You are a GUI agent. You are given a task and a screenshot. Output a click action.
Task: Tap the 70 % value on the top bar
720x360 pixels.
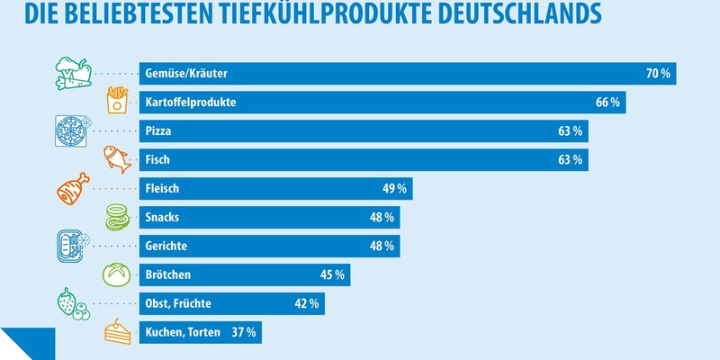point(658,74)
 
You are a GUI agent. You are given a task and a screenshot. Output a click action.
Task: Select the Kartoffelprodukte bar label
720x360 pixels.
point(190,103)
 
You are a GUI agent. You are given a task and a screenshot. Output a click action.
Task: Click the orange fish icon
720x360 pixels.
point(117,159)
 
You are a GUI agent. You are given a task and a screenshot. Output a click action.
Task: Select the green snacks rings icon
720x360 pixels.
point(118,217)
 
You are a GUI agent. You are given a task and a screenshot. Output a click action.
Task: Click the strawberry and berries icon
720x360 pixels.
point(70,303)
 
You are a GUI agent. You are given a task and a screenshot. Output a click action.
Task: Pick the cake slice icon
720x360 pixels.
point(118,332)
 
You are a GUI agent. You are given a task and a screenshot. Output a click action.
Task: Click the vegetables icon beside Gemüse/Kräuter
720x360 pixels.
point(70,74)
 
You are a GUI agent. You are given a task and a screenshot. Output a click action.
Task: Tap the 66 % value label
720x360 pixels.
point(607,103)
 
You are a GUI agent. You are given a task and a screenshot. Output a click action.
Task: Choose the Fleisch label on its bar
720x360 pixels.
point(163,189)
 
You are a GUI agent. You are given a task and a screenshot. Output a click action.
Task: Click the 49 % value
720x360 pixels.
point(395,189)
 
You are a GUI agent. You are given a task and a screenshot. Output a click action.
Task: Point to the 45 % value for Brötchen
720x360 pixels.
point(332,274)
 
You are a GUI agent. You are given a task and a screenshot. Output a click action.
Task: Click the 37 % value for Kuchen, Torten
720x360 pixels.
point(244,332)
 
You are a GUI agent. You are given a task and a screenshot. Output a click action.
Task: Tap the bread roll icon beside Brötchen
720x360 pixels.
point(118,274)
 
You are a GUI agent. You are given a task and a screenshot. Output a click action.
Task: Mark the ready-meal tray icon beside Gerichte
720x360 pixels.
point(70,246)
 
